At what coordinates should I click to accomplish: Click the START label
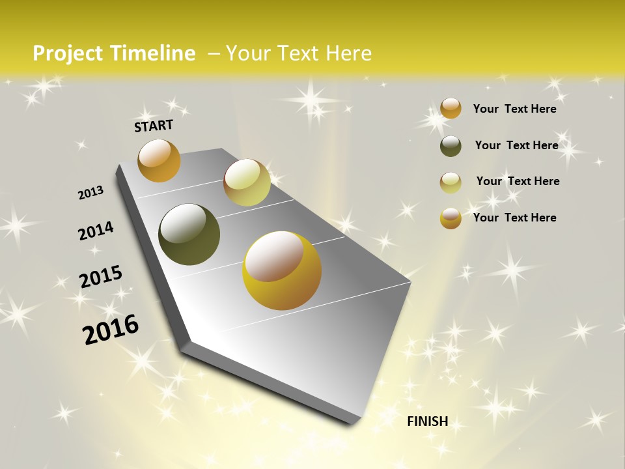pyautogui.click(x=154, y=125)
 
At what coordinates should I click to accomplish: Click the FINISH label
pyautogui.click(x=427, y=421)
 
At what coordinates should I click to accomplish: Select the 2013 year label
pyautogui.click(x=90, y=193)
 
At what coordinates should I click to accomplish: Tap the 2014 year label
pyautogui.click(x=96, y=231)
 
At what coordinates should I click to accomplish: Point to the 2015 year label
pyautogui.click(x=101, y=277)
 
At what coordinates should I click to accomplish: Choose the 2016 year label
pyautogui.click(x=111, y=330)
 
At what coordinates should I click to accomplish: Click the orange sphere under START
pyautogui.click(x=159, y=160)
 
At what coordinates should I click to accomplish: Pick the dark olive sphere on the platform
pyautogui.click(x=189, y=234)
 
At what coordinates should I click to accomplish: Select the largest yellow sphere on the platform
pyautogui.click(x=282, y=270)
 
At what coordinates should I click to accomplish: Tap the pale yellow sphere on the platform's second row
pyautogui.click(x=247, y=182)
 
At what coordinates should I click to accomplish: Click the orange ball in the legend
pyautogui.click(x=451, y=108)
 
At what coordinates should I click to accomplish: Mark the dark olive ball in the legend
pyautogui.click(x=451, y=146)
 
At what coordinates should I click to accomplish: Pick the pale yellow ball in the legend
pyautogui.click(x=451, y=182)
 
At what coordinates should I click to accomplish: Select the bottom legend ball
pyautogui.click(x=451, y=218)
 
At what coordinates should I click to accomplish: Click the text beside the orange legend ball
pyautogui.click(x=514, y=109)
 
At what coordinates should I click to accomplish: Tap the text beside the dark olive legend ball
pyautogui.click(x=516, y=145)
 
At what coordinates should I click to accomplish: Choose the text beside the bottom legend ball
pyautogui.click(x=514, y=218)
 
